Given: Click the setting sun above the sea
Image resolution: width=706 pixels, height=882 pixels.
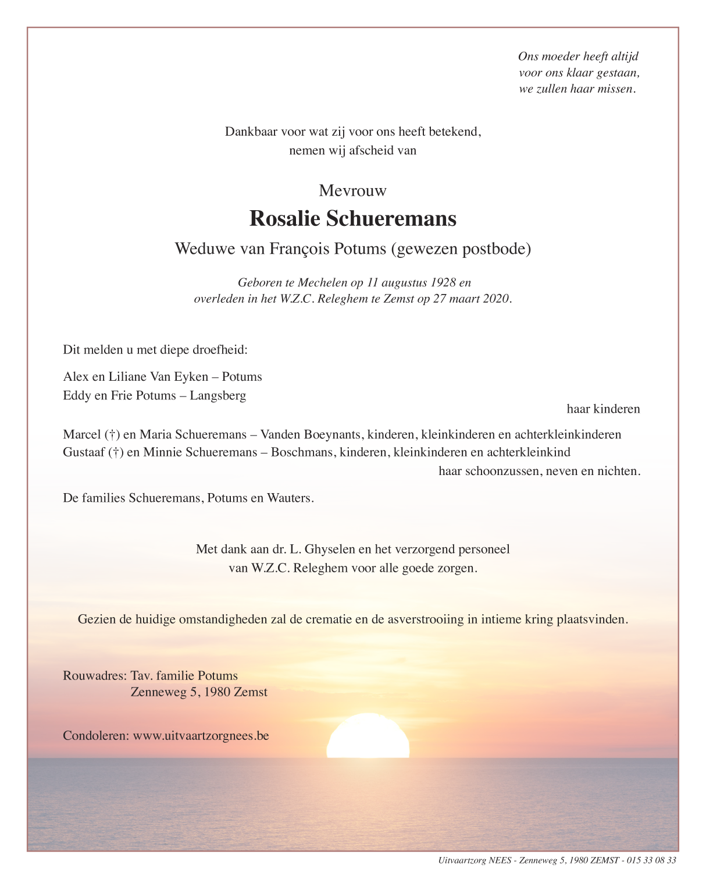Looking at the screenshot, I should pyautogui.click(x=368, y=737).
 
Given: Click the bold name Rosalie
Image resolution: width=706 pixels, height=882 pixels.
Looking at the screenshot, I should pyautogui.click(x=284, y=219).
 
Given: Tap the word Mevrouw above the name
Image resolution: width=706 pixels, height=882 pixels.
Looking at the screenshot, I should pyautogui.click(x=352, y=191).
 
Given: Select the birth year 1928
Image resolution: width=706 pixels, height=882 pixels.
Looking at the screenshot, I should pyautogui.click(x=443, y=283).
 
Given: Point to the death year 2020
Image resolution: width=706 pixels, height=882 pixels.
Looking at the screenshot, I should pyautogui.click(x=495, y=299).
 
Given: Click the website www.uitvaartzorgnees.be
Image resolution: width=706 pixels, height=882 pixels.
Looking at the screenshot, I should pyautogui.click(x=201, y=736).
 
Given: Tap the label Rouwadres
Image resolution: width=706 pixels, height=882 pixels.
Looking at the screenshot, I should pyautogui.click(x=94, y=676).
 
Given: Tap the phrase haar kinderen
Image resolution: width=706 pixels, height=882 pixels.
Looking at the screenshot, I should pyautogui.click(x=603, y=409).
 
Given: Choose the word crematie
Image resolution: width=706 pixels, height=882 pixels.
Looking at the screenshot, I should pyautogui.click(x=328, y=619).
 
